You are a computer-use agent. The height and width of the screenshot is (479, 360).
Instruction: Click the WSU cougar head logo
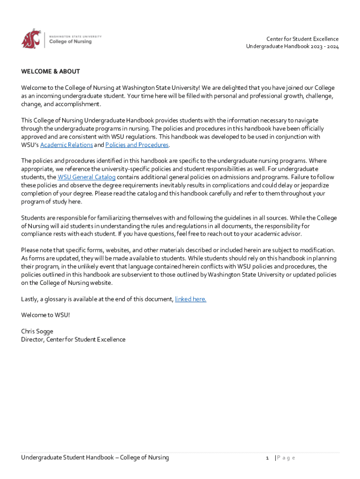[x=30, y=38]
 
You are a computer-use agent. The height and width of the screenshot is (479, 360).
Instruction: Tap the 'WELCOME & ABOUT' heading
[x=50, y=72]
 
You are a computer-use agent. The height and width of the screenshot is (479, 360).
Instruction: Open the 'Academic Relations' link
[x=66, y=145]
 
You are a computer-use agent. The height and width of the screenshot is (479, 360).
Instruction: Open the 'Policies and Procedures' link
[x=137, y=145]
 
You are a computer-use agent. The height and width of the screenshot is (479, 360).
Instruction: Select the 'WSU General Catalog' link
[x=86, y=177]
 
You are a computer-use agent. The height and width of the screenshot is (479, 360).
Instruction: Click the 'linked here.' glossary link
[x=190, y=299]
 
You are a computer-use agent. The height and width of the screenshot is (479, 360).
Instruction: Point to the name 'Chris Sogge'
[x=37, y=331]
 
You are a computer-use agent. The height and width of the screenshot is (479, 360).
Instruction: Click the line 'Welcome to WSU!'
[x=45, y=315]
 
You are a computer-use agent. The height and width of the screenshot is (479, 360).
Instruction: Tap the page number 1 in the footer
[x=266, y=457]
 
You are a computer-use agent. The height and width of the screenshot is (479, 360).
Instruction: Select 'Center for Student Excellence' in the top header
[x=302, y=39]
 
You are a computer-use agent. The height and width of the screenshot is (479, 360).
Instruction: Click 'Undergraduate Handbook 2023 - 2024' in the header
[x=292, y=47]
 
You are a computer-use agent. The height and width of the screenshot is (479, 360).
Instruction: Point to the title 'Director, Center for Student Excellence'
[x=73, y=339]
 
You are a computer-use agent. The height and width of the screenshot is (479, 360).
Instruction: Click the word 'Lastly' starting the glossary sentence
[x=29, y=299]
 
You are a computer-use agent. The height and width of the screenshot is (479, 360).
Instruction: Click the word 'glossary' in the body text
[x=58, y=299]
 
